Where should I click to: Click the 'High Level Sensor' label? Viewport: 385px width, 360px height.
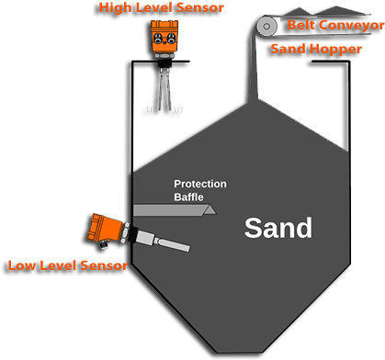(x=162, y=8)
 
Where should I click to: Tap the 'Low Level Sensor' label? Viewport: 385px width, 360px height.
(x=67, y=265)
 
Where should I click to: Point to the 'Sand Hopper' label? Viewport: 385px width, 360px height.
(x=315, y=48)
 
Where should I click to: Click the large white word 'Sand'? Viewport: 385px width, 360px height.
(x=277, y=228)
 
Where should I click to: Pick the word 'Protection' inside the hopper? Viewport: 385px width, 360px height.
(x=199, y=184)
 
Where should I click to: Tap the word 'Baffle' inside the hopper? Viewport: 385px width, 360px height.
(x=187, y=197)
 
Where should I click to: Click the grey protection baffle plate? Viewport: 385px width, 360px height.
(x=175, y=210)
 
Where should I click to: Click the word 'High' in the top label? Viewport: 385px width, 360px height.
(x=117, y=8)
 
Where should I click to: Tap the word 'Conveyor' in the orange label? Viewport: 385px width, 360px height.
(x=353, y=25)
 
